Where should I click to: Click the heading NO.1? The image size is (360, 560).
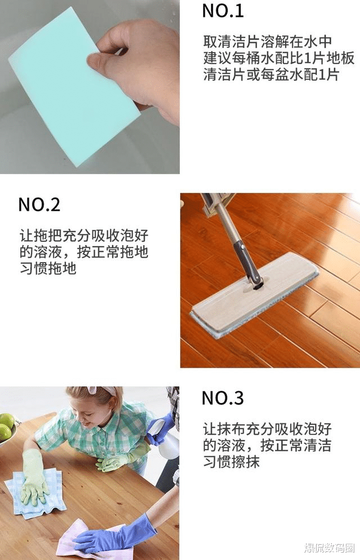[x=223, y=11]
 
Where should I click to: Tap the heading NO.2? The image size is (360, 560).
[x=39, y=204]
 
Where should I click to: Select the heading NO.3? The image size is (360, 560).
[x=223, y=398]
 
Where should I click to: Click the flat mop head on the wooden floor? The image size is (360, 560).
[x=253, y=295]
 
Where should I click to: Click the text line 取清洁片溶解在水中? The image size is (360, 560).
[x=267, y=42]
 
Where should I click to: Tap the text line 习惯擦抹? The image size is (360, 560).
[x=231, y=463]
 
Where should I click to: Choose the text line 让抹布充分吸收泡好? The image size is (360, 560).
[x=267, y=429]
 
